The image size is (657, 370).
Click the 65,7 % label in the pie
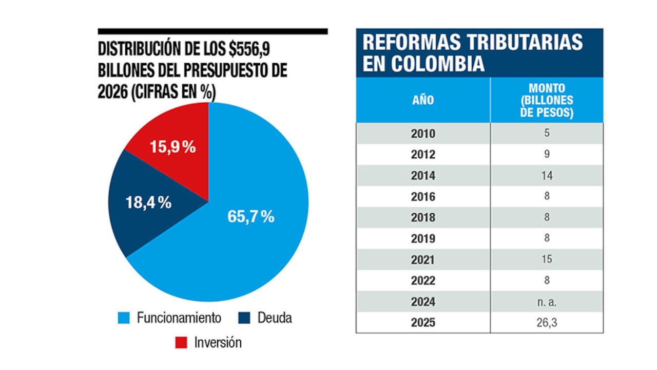point(250,216)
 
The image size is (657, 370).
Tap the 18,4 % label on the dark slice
point(148,202)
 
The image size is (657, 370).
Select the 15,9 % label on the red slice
point(172,147)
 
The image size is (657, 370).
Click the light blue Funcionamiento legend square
point(124,318)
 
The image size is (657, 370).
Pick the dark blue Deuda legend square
point(244,318)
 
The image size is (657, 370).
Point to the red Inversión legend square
point(181,342)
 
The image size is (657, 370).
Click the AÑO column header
point(423,100)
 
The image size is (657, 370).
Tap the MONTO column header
point(547,100)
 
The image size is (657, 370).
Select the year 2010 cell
point(423,134)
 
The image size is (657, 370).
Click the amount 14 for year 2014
point(547,176)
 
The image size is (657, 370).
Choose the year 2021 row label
point(423,260)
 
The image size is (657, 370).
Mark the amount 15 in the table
point(547,260)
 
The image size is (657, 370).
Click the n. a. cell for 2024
point(547,302)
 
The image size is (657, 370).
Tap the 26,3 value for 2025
point(547,323)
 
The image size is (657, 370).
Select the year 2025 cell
point(423,323)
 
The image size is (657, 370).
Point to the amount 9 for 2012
point(547,155)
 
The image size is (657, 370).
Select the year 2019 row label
point(423,238)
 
